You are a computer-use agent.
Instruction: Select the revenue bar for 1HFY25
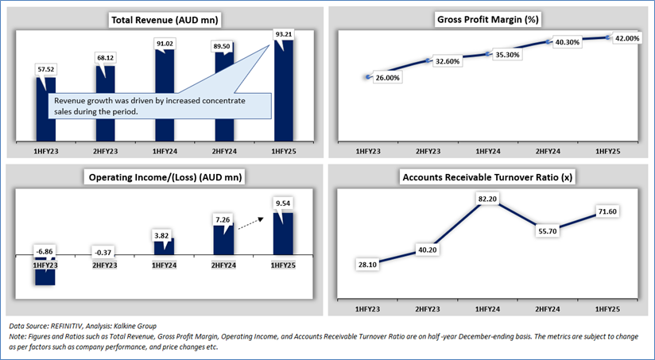284,95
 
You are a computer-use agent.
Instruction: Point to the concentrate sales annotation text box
159,106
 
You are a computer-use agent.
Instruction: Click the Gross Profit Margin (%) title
488,18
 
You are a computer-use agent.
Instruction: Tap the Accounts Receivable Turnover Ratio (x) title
488,176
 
